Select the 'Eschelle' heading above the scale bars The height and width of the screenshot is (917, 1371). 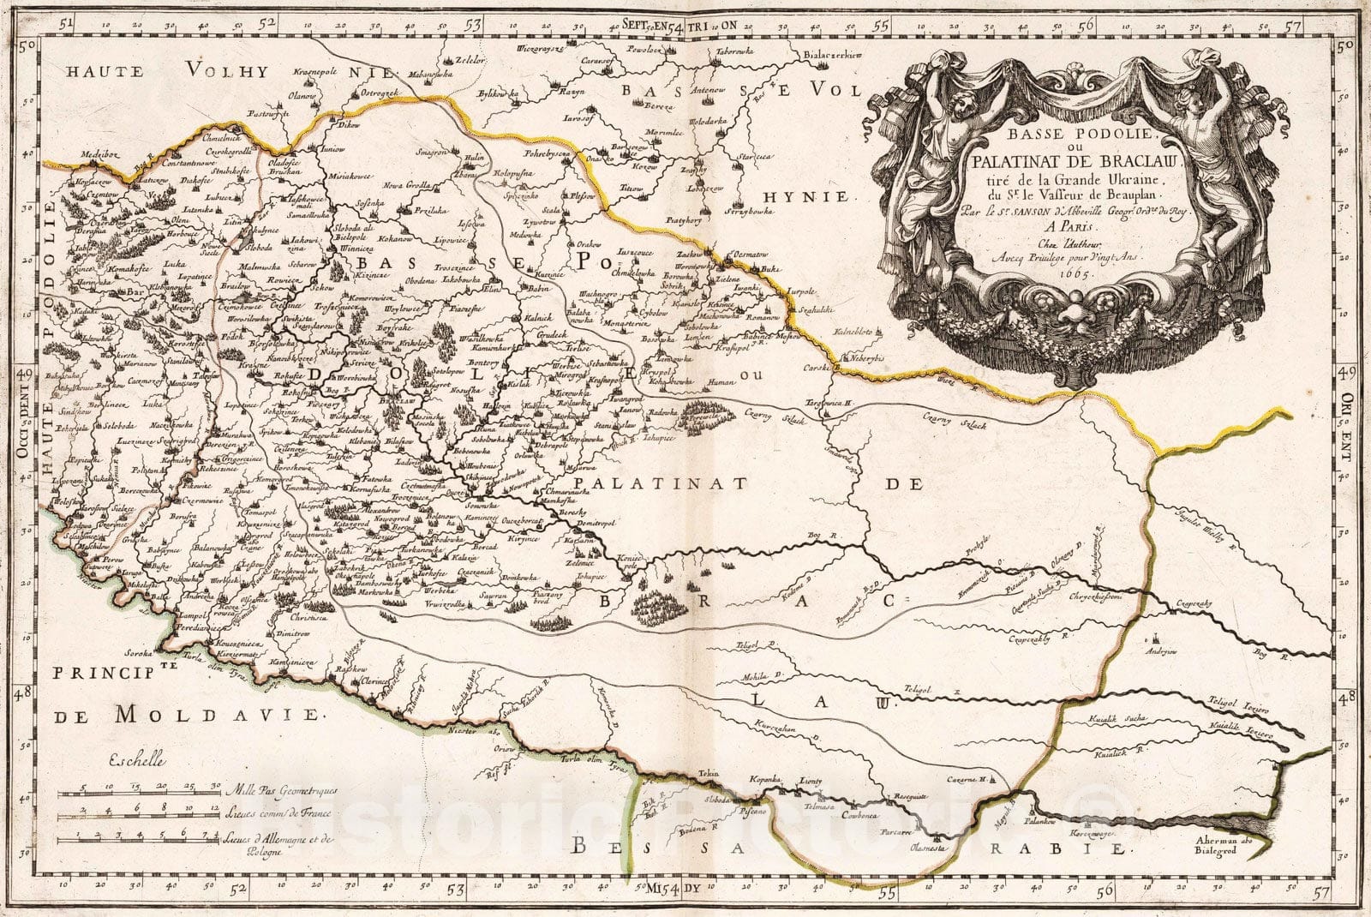(x=138, y=758)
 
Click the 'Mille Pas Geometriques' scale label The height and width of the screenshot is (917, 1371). (x=279, y=788)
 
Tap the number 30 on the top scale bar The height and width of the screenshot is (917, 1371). (x=216, y=782)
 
